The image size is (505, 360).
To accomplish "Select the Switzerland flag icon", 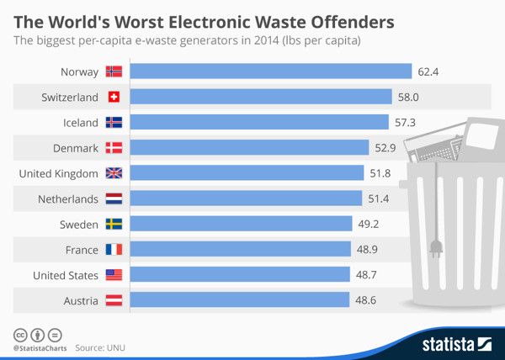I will coord(114,98).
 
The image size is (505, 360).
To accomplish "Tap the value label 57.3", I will coord(406,123).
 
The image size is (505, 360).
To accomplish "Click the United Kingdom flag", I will coord(114,173).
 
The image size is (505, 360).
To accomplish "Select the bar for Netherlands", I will coord(243,199).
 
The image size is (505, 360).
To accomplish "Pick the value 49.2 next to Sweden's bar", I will coord(369,224).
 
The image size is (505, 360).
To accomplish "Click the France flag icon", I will coord(114,249).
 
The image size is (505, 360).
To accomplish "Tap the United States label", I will coord(66,275).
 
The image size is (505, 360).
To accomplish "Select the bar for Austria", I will coord(240,300).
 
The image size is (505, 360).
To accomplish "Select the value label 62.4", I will coord(429,72).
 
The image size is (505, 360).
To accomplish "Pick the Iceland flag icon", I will coord(114,123).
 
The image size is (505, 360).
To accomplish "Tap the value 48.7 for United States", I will coord(368,275).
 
